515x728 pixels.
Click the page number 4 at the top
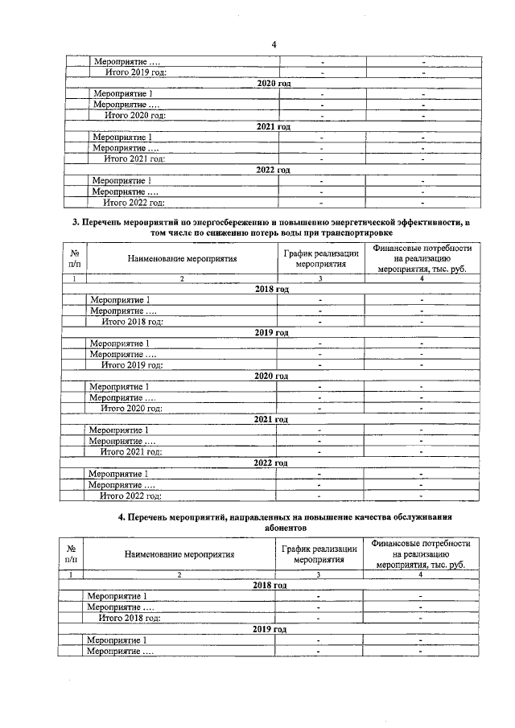coord(274,44)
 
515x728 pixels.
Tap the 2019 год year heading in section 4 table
coord(270,629)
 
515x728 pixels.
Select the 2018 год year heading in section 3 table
coord(271,289)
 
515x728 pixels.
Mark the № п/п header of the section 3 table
coord(74,259)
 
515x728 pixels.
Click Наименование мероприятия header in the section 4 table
coord(179,554)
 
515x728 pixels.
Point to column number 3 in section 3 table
coord(320,278)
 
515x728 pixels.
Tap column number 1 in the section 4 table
coord(72,574)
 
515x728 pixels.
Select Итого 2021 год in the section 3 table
coord(131,452)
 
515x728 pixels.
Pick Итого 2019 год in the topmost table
coord(137,73)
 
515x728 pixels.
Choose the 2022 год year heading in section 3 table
coord(270,463)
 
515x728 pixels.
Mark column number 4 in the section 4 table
coord(420,574)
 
